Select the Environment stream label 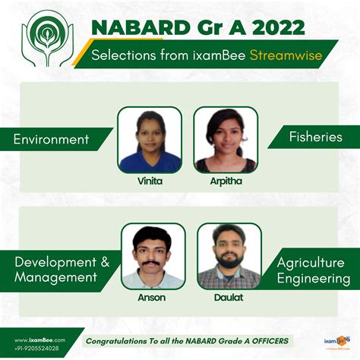coord(52,139)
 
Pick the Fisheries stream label coord(315,137)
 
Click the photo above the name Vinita coord(149,139)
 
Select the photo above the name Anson coord(152,256)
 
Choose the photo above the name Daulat coord(229,256)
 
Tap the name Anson coord(152,298)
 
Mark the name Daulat coord(229,298)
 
